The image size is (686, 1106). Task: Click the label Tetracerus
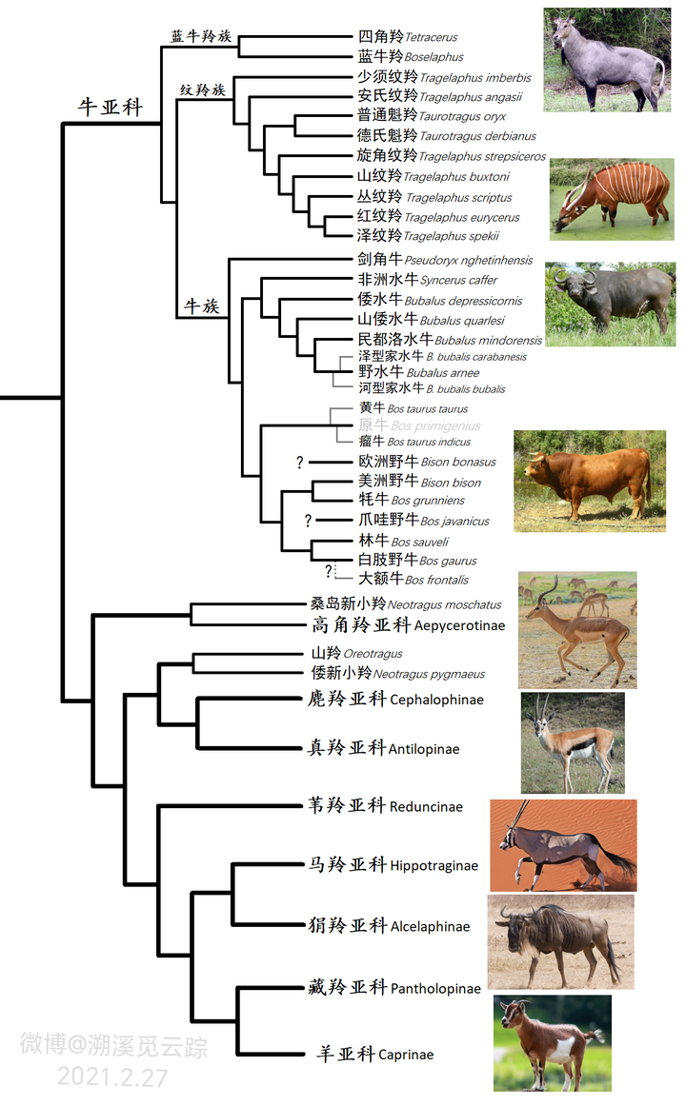(431, 37)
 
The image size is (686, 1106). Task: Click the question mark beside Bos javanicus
(308, 521)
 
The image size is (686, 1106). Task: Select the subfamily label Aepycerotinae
(459, 626)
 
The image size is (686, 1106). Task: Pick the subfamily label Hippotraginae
(434, 866)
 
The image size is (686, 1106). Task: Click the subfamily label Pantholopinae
(435, 989)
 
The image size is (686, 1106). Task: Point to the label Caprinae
(406, 1055)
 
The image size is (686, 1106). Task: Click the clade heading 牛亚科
(110, 108)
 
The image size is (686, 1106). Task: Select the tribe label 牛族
(201, 307)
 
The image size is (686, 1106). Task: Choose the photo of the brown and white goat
(553, 1042)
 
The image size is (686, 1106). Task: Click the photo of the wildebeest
(560, 941)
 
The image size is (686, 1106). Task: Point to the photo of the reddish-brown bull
(589, 481)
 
